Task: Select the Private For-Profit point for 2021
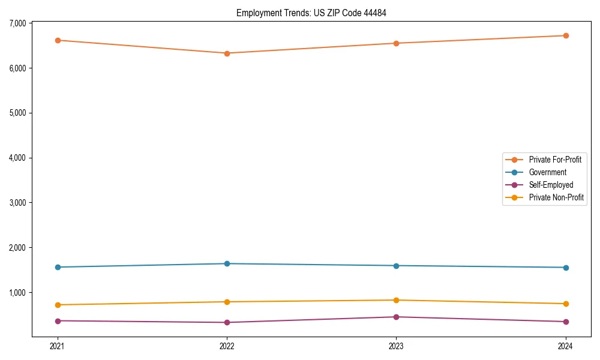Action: point(58,40)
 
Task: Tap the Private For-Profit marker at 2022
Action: point(227,53)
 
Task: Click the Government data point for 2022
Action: point(227,263)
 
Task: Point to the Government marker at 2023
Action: point(396,266)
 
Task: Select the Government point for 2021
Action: point(58,267)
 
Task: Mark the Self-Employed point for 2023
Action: point(396,317)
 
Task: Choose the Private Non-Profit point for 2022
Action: point(227,302)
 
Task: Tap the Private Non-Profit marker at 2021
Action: point(58,305)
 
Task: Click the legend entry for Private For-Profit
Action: point(554,160)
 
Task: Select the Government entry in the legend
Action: point(547,172)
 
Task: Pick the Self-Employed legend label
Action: point(551,185)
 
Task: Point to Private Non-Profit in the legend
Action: point(556,197)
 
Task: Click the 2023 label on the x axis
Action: point(396,346)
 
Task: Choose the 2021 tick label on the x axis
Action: point(58,346)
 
